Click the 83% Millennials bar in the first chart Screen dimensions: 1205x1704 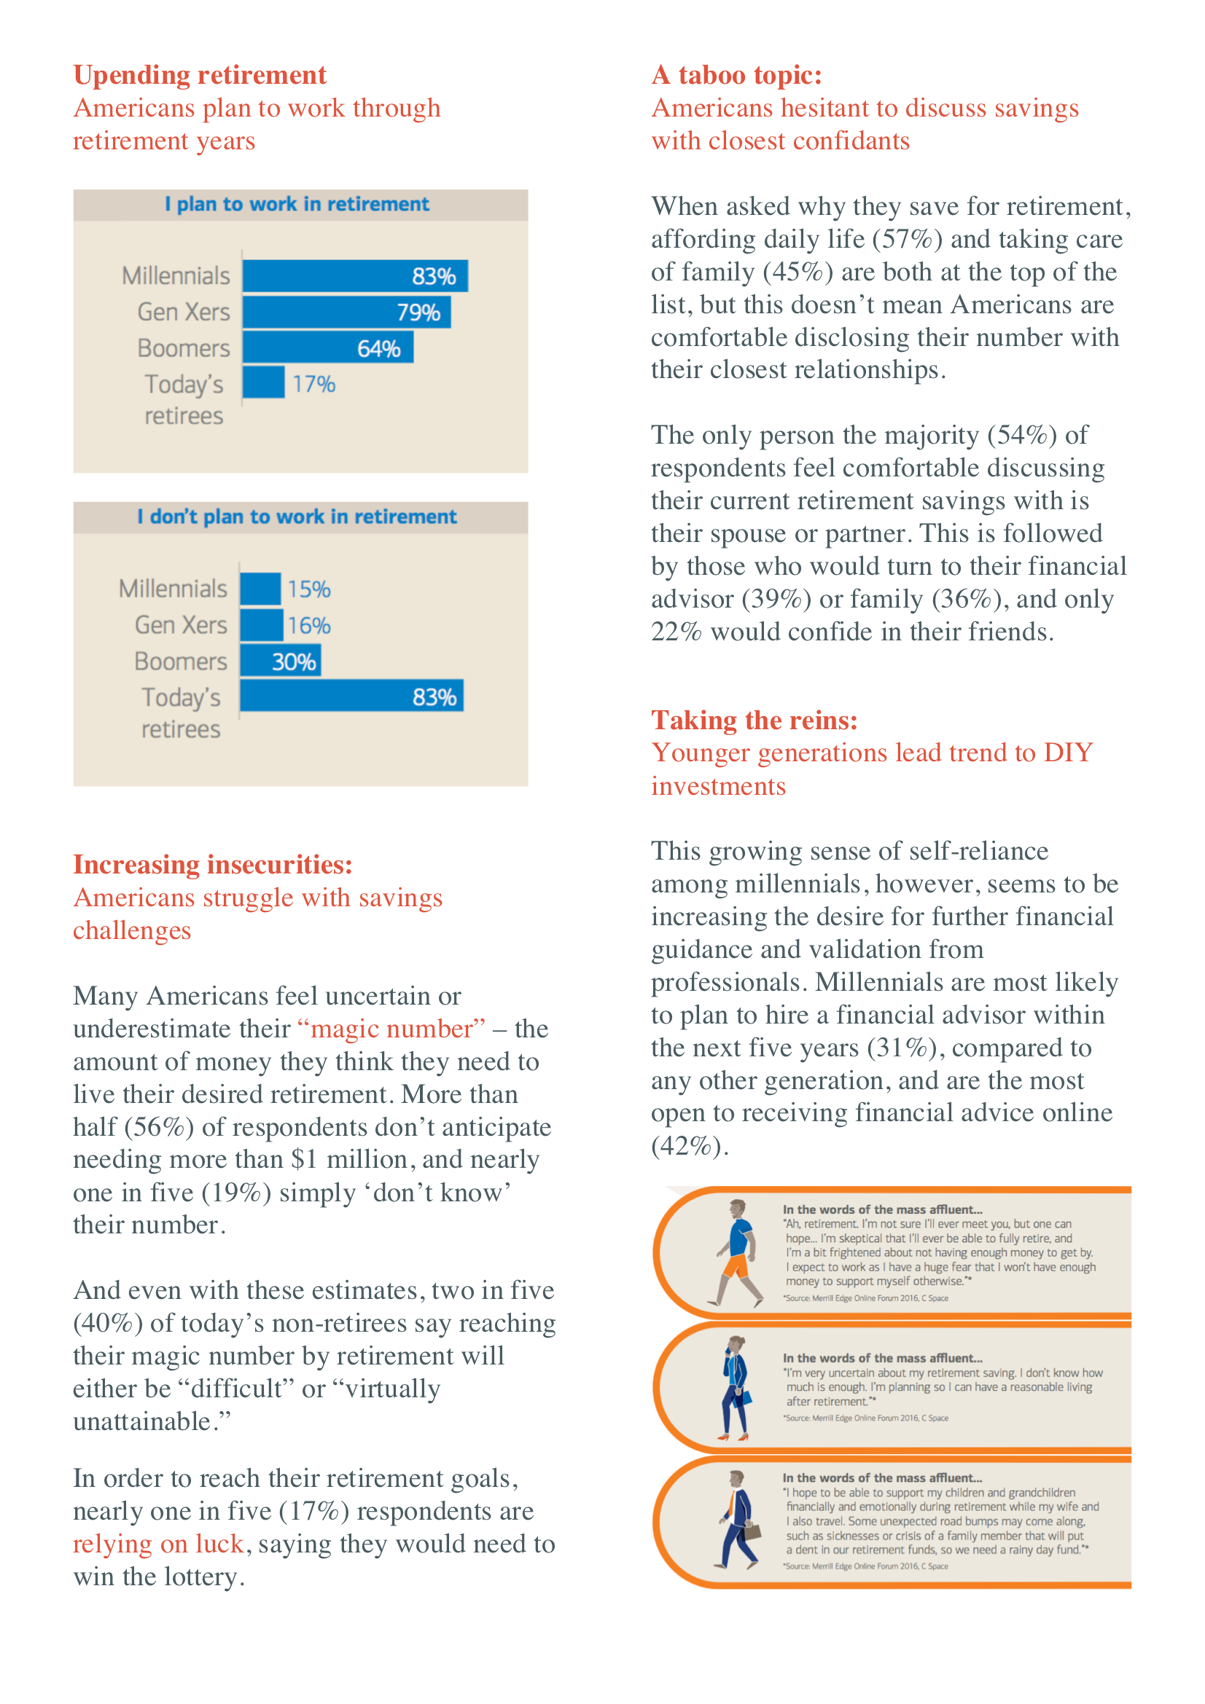355,276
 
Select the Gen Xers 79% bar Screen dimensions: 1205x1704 347,312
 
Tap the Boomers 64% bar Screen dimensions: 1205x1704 328,348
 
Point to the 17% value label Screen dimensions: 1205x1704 314,384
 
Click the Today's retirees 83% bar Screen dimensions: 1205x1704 352,696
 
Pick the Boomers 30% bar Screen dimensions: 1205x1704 281,661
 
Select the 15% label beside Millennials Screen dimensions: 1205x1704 310,589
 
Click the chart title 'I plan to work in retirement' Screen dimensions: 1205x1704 297,204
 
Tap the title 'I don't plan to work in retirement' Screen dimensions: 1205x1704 297,517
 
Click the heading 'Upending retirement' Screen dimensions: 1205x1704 200,75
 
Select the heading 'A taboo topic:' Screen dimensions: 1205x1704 737,75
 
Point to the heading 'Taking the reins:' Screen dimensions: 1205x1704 754,720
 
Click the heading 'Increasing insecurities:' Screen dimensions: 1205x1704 213,865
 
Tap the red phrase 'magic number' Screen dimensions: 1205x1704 391,1029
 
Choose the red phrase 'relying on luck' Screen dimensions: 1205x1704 159,1544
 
